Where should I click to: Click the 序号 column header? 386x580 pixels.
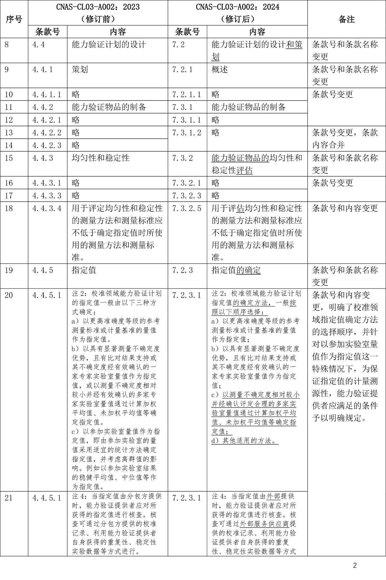14,19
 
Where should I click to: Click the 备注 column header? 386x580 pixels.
346,19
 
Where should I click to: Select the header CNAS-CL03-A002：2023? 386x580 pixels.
98,7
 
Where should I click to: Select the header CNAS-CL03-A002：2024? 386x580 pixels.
238,7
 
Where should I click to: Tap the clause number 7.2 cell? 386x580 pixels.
179,45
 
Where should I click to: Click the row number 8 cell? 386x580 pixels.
7,45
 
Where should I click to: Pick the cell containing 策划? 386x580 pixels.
80,70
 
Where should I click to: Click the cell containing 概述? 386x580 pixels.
220,70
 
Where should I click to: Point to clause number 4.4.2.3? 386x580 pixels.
47,145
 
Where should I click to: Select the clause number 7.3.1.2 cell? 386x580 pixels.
187,133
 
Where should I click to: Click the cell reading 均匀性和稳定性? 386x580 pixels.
100,158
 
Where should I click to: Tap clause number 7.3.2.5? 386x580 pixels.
187,208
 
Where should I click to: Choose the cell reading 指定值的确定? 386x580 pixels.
236,270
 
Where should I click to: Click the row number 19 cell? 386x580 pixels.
9,270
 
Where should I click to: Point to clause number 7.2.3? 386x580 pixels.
182,270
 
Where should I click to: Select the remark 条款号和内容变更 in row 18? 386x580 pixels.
345,208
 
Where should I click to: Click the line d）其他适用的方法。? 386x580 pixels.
244,441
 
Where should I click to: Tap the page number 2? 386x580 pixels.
355,565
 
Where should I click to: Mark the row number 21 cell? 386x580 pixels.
9,498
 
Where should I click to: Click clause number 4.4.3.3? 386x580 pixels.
47,196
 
